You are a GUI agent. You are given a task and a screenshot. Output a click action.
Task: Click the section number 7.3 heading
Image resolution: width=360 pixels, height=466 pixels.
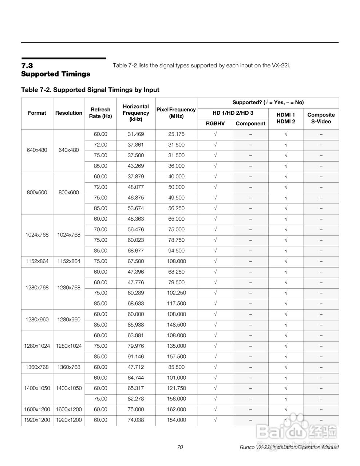27,66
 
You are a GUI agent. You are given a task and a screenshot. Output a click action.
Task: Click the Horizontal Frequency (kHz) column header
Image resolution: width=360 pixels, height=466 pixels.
136,113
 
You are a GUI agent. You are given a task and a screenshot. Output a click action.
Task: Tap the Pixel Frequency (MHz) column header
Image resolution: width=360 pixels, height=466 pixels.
176,113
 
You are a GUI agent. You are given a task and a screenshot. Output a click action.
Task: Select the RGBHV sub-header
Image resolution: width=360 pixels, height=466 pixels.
215,123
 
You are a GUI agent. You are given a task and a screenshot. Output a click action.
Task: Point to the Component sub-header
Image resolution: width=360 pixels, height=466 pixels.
250,123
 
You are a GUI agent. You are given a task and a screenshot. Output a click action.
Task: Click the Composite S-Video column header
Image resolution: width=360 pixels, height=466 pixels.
321,118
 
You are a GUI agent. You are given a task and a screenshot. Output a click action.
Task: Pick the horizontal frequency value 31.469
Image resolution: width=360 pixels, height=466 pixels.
136,134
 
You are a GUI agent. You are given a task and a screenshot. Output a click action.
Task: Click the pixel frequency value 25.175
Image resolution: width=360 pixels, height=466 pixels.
177,134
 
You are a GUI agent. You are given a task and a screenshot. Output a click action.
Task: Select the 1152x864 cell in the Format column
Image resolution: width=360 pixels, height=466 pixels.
37,261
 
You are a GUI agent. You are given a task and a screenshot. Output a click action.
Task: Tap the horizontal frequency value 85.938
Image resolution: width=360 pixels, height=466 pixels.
136,325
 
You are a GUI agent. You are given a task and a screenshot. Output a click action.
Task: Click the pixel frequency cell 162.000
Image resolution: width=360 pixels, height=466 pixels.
177,409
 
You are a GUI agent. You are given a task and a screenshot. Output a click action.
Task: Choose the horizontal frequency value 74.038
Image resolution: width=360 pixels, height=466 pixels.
136,420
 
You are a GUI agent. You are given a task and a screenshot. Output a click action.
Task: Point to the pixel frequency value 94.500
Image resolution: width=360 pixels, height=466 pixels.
177,250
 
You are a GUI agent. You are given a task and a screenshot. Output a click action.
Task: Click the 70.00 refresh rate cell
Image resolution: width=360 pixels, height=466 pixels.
100,229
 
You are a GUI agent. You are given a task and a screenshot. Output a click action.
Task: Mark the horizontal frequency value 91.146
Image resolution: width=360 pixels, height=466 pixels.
136,356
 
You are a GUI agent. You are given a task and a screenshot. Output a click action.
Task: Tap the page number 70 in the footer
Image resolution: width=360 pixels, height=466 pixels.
180,447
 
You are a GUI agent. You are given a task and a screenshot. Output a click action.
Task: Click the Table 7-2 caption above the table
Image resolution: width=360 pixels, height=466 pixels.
90,90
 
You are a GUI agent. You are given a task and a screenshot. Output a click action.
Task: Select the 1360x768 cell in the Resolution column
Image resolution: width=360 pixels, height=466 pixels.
69,367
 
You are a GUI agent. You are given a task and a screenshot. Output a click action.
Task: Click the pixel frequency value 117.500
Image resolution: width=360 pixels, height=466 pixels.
177,303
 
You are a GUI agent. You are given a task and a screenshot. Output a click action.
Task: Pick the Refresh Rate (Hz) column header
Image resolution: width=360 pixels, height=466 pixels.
100,113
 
